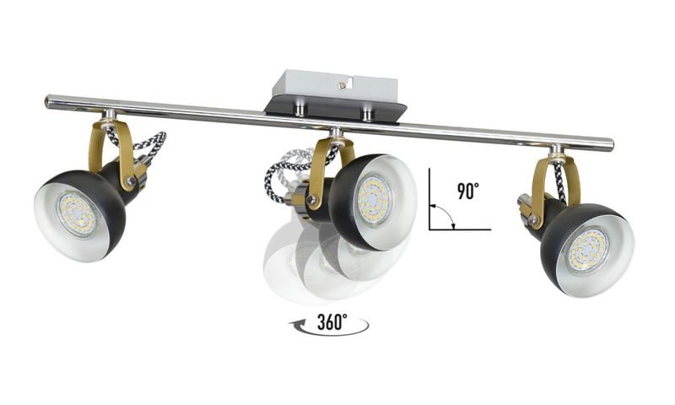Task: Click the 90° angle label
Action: tap(468, 191)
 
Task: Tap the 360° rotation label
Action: tap(332, 321)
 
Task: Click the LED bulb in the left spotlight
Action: tap(77, 214)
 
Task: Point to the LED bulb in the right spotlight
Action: tap(586, 250)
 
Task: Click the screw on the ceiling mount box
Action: tap(343, 86)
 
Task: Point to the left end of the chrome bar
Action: tap(47, 101)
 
